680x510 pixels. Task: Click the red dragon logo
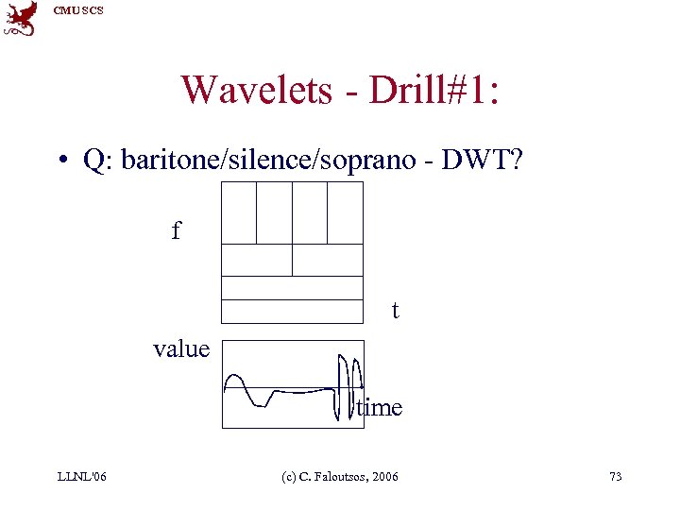pyautogui.click(x=21, y=18)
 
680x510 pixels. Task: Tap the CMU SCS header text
pyautogui.click(x=78, y=9)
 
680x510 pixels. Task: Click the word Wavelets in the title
pyautogui.click(x=256, y=90)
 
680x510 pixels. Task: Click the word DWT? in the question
pyautogui.click(x=489, y=161)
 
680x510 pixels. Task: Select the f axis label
pyautogui.click(x=176, y=230)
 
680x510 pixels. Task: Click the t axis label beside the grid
pyautogui.click(x=395, y=310)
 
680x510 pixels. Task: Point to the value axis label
pyautogui.click(x=181, y=348)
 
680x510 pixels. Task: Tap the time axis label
pyautogui.click(x=380, y=408)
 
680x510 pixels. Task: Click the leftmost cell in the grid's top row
pyautogui.click(x=239, y=212)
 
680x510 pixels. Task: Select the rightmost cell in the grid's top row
pyautogui.click(x=345, y=212)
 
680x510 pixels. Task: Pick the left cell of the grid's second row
pyautogui.click(x=257, y=260)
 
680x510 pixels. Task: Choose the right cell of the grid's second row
pyautogui.click(x=328, y=260)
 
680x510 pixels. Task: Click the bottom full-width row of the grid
pyautogui.click(x=292, y=312)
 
